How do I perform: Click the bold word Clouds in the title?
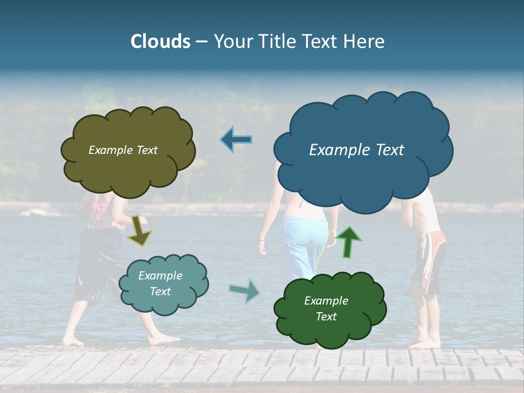[x=160, y=41]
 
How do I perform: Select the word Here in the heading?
[x=365, y=41]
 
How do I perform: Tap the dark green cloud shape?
[x=330, y=330]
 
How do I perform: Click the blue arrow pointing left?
[x=236, y=140]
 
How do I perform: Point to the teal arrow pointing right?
[x=244, y=290]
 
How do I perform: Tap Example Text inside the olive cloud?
[x=123, y=150]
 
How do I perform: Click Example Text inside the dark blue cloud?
[x=356, y=150]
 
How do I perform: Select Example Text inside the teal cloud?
[x=160, y=284]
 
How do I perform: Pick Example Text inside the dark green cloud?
[x=326, y=309]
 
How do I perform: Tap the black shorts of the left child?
[x=98, y=262]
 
